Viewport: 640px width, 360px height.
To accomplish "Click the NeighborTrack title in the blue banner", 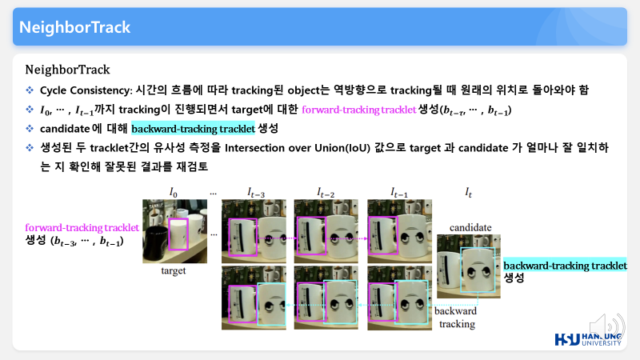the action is click(x=74, y=27).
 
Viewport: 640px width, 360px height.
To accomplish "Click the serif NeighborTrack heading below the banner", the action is click(x=67, y=70).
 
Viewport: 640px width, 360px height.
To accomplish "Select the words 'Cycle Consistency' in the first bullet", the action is click(x=86, y=90).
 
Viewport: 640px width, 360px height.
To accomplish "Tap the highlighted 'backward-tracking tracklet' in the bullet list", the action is click(x=193, y=129).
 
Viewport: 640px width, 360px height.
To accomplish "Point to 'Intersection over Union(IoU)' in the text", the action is click(x=298, y=148).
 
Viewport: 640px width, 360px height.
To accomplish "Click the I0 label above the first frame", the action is click(x=174, y=192).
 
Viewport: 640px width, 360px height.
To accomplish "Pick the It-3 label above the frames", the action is click(x=256, y=193).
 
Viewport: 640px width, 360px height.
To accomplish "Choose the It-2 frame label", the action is click(x=326, y=193).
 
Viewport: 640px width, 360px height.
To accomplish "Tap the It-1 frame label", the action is click(x=399, y=193).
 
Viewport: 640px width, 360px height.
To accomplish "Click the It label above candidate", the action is click(x=469, y=193).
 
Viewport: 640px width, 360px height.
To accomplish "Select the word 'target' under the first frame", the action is click(x=174, y=270).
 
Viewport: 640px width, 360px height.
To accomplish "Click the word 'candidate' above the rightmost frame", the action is click(x=470, y=227).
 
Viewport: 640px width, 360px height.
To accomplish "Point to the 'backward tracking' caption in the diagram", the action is click(x=456, y=318).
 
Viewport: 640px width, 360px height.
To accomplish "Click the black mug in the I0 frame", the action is click(x=155, y=242).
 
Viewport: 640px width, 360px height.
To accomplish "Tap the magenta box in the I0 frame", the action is click(x=168, y=234).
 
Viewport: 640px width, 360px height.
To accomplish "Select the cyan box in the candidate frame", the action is click(x=461, y=270).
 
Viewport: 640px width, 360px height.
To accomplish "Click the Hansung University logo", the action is click(x=588, y=338).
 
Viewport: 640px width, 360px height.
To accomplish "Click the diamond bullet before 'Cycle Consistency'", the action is click(x=30, y=90).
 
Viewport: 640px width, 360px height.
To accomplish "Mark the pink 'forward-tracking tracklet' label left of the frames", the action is click(x=82, y=227).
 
